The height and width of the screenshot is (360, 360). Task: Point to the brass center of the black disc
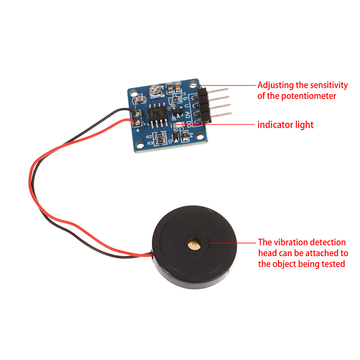pos(194,243)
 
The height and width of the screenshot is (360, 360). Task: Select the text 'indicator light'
pos(285,125)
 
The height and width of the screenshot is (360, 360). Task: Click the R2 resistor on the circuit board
pos(159,135)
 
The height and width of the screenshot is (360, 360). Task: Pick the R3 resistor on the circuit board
pos(160,142)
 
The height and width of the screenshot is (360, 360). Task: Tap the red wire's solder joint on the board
pos(137,121)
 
